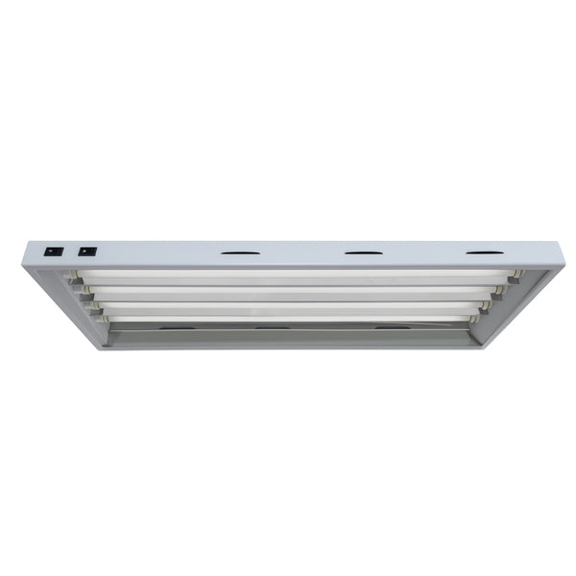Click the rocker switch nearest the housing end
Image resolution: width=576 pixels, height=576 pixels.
(x=55, y=252)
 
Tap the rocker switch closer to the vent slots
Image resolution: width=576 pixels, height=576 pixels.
(x=87, y=252)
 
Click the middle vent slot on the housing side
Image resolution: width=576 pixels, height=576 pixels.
(x=363, y=253)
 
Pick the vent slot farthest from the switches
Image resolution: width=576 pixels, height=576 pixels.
(x=485, y=253)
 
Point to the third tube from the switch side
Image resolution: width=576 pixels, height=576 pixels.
(x=288, y=306)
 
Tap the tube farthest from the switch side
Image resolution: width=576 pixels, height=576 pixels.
(x=288, y=318)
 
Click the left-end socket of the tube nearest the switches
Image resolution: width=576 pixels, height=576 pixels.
(x=73, y=276)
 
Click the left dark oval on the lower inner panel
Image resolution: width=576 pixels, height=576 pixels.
(x=174, y=328)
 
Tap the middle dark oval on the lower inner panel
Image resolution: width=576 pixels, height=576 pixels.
(x=272, y=328)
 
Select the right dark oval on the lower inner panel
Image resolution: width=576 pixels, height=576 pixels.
(x=392, y=328)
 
